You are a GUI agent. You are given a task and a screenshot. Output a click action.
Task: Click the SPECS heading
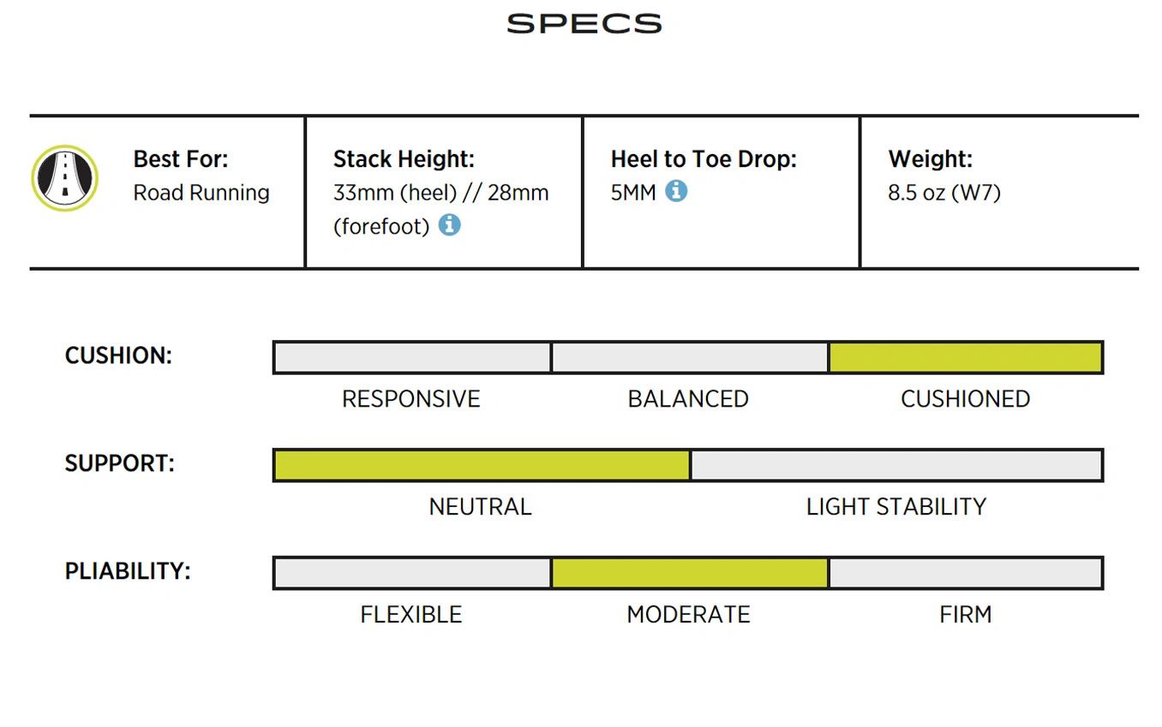pyautogui.click(x=584, y=24)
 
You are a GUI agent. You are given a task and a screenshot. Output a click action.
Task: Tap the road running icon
pyautogui.click(x=65, y=178)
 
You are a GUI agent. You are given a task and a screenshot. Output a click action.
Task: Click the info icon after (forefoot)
pyautogui.click(x=449, y=225)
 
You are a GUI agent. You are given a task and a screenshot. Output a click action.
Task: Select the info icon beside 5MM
pyautogui.click(x=676, y=191)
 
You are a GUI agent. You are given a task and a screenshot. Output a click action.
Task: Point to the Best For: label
pyautogui.click(x=181, y=158)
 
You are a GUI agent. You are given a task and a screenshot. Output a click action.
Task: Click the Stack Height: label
pyautogui.click(x=404, y=158)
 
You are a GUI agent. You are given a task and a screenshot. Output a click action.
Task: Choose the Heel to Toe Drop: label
pyautogui.click(x=704, y=158)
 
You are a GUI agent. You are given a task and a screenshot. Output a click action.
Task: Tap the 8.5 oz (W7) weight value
pyautogui.click(x=944, y=193)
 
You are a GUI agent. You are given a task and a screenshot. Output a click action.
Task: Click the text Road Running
pyautogui.click(x=201, y=193)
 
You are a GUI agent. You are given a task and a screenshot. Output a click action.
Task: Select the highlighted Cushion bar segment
pyautogui.click(x=966, y=357)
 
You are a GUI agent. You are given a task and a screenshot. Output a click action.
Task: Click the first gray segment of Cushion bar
pyautogui.click(x=412, y=357)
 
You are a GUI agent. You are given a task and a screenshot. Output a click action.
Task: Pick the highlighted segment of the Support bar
pyautogui.click(x=482, y=465)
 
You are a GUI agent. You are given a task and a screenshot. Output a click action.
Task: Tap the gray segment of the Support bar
pyautogui.click(x=896, y=465)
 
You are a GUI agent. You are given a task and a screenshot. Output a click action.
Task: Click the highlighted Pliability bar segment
pyautogui.click(x=690, y=573)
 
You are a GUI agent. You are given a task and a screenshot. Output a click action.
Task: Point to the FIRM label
pyautogui.click(x=966, y=615)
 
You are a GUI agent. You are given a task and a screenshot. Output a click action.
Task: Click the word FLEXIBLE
pyautogui.click(x=410, y=615)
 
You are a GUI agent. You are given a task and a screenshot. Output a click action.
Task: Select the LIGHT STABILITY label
pyautogui.click(x=895, y=507)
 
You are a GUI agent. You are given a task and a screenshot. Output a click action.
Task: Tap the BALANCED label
pyautogui.click(x=688, y=399)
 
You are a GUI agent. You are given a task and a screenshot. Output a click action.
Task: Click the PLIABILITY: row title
pyautogui.click(x=128, y=571)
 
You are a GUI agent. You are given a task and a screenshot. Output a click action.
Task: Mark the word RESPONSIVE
pyautogui.click(x=410, y=399)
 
